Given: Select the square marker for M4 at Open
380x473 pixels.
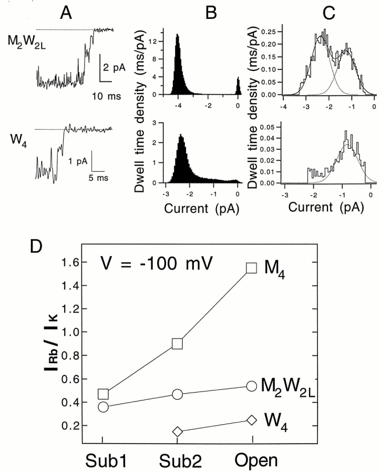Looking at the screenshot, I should coord(251,268).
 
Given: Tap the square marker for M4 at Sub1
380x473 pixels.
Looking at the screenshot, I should coord(104,394).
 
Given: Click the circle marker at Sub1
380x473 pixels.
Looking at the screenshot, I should coord(103,407).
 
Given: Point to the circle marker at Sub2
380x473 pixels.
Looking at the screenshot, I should coord(178,394).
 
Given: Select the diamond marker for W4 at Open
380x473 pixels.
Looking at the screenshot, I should coord(252,420).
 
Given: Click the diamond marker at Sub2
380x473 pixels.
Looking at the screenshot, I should coord(177,431).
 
